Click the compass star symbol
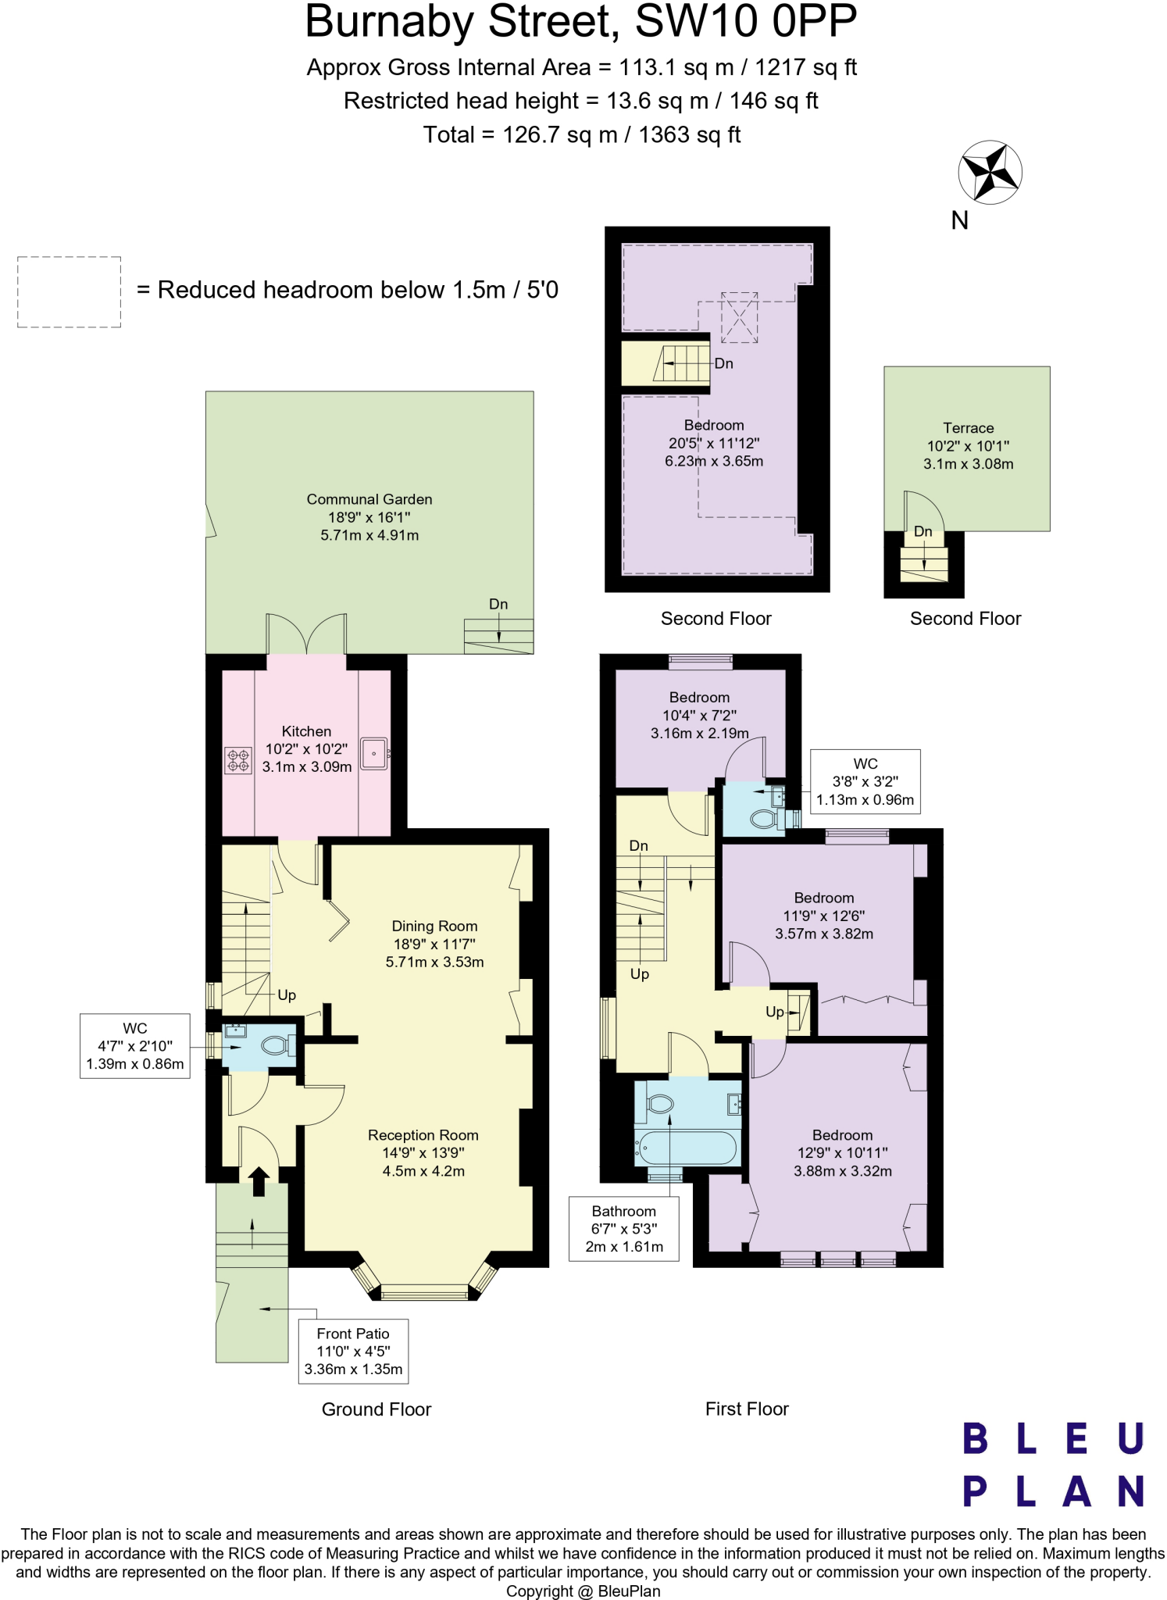(990, 173)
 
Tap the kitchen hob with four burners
(238, 760)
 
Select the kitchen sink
(374, 754)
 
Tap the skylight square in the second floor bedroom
(739, 317)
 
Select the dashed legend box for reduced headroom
(69, 291)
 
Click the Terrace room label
(968, 428)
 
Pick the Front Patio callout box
(353, 1351)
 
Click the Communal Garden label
(369, 499)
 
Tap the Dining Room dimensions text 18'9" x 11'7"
(434, 944)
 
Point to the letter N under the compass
(959, 221)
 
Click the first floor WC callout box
(865, 781)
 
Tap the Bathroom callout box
(623, 1228)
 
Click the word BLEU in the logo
(1053, 1438)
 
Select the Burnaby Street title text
(580, 22)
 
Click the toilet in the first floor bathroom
(660, 1104)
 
